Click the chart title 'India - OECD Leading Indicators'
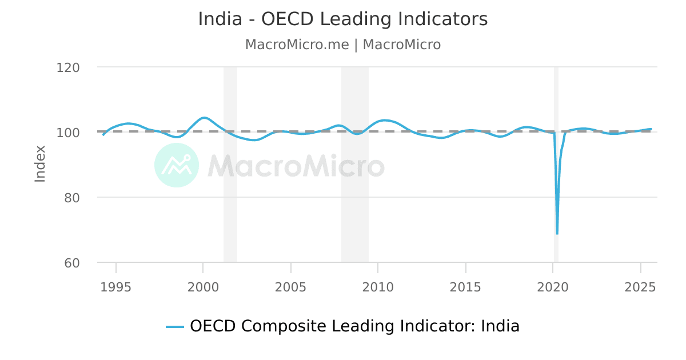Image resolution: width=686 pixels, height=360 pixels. [x=343, y=19]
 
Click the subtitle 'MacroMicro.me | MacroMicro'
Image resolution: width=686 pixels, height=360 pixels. [x=343, y=45]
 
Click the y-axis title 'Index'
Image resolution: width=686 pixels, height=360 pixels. [x=40, y=164]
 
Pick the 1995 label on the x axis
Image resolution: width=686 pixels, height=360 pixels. [x=116, y=287]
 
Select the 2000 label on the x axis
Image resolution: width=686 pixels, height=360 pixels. [x=203, y=287]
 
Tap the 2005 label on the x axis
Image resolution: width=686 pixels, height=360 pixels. [x=290, y=287]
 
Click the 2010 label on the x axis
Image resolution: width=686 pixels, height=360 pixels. [x=378, y=287]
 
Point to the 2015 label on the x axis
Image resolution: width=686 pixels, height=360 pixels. [x=465, y=287]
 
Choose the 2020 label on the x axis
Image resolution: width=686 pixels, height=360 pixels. [x=553, y=287]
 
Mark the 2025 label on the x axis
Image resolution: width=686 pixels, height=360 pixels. [x=640, y=287]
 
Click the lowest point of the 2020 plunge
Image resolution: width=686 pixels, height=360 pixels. [x=557, y=233]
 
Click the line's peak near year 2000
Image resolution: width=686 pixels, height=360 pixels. [x=204, y=118]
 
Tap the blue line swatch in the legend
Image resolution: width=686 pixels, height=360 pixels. [x=175, y=327]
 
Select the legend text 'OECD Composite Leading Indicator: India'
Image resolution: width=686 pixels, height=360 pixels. [x=354, y=326]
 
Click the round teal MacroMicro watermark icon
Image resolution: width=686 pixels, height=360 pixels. [x=177, y=165]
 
